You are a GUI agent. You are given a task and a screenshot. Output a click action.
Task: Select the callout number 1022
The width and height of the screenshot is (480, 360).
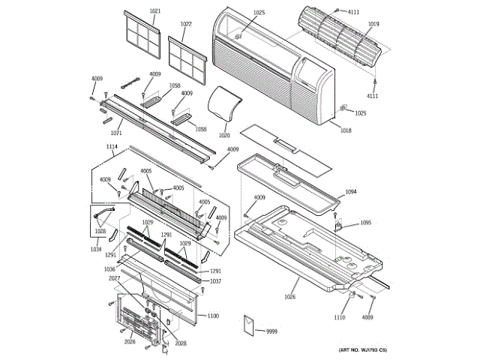pyautogui.click(x=186, y=24)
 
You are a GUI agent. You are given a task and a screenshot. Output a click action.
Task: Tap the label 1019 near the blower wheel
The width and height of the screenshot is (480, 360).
pyautogui.click(x=373, y=24)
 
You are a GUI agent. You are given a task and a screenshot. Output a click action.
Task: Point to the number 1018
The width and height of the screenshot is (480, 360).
pyautogui.click(x=345, y=131)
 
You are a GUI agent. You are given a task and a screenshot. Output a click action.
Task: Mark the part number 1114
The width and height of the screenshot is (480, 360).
pyautogui.click(x=112, y=147)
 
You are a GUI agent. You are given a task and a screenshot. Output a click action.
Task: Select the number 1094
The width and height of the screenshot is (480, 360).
pyautogui.click(x=351, y=193)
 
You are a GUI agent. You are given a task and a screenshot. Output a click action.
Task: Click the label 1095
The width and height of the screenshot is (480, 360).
pyautogui.click(x=365, y=223)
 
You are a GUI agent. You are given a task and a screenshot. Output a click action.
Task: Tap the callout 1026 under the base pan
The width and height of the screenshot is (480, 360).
pyautogui.click(x=289, y=297)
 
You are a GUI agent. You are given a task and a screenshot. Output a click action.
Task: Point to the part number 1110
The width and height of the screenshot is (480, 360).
pyautogui.click(x=340, y=318)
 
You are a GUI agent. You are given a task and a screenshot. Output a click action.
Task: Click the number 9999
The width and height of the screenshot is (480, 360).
pyautogui.click(x=271, y=331)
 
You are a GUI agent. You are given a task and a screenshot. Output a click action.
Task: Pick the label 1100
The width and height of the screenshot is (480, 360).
pyautogui.click(x=213, y=316)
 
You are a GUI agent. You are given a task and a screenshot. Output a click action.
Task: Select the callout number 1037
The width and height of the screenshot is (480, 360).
pyautogui.click(x=215, y=281)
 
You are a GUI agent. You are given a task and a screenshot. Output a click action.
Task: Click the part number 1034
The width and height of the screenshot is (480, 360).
pyautogui.click(x=97, y=249)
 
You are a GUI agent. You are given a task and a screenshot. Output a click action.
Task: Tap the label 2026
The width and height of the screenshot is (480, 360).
pyautogui.click(x=130, y=342)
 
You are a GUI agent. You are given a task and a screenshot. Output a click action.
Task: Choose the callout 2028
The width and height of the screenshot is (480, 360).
pyautogui.click(x=181, y=343)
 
